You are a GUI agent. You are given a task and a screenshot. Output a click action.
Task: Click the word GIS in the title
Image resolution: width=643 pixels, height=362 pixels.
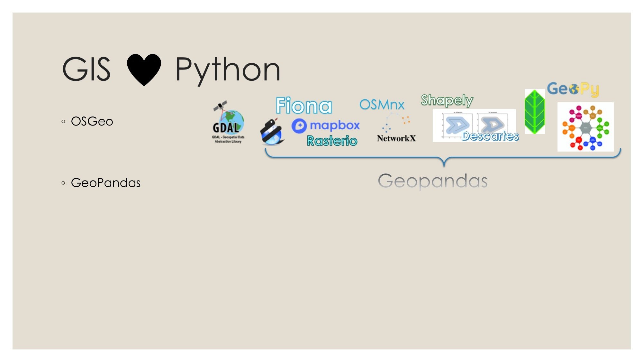pos(86,69)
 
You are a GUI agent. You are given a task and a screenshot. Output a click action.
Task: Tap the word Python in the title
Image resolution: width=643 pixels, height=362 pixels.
pos(228,70)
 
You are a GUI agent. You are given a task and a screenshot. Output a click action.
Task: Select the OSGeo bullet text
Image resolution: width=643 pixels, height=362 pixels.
pos(92,122)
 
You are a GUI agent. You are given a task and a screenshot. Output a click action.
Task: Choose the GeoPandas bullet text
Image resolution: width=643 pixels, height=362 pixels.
pos(105,183)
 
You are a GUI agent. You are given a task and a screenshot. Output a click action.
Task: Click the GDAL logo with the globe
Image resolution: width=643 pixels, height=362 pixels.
pos(228,122)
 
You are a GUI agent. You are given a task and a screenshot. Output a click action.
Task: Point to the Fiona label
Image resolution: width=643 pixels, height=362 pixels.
pos(304,106)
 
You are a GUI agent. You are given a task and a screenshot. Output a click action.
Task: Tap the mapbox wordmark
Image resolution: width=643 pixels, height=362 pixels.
pos(335,125)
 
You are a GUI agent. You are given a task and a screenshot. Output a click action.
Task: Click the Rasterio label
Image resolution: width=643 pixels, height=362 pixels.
pos(332,141)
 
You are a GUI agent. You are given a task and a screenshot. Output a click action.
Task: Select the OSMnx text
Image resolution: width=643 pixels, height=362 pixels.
pos(382,105)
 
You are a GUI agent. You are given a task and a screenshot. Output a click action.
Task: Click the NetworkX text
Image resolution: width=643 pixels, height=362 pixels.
pos(396,138)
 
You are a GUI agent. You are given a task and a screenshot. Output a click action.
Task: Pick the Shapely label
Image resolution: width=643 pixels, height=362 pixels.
pos(447,100)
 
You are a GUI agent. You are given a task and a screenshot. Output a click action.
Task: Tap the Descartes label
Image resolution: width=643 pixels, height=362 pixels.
pos(490,136)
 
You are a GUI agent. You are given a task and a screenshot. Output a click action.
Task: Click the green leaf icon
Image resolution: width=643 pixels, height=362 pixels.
pos(534,111)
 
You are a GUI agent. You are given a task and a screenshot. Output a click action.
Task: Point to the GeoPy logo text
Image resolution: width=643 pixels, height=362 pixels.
pos(573,89)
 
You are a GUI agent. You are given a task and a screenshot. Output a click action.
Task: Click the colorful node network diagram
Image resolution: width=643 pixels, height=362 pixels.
pos(585,127)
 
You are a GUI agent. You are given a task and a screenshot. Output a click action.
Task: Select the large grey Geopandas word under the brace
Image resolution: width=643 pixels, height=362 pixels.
pos(432,181)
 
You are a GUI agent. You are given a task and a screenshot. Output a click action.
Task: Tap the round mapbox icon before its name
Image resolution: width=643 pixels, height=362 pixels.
pos(299,126)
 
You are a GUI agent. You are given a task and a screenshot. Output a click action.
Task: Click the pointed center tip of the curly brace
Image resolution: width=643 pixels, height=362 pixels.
pos(444,165)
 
